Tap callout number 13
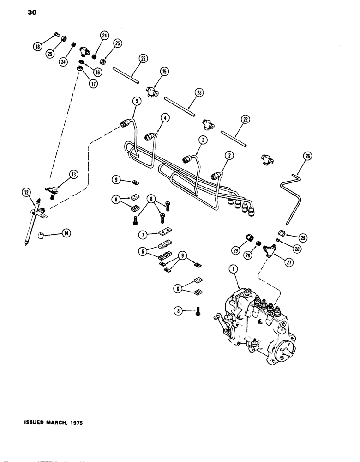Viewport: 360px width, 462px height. click(73, 174)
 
